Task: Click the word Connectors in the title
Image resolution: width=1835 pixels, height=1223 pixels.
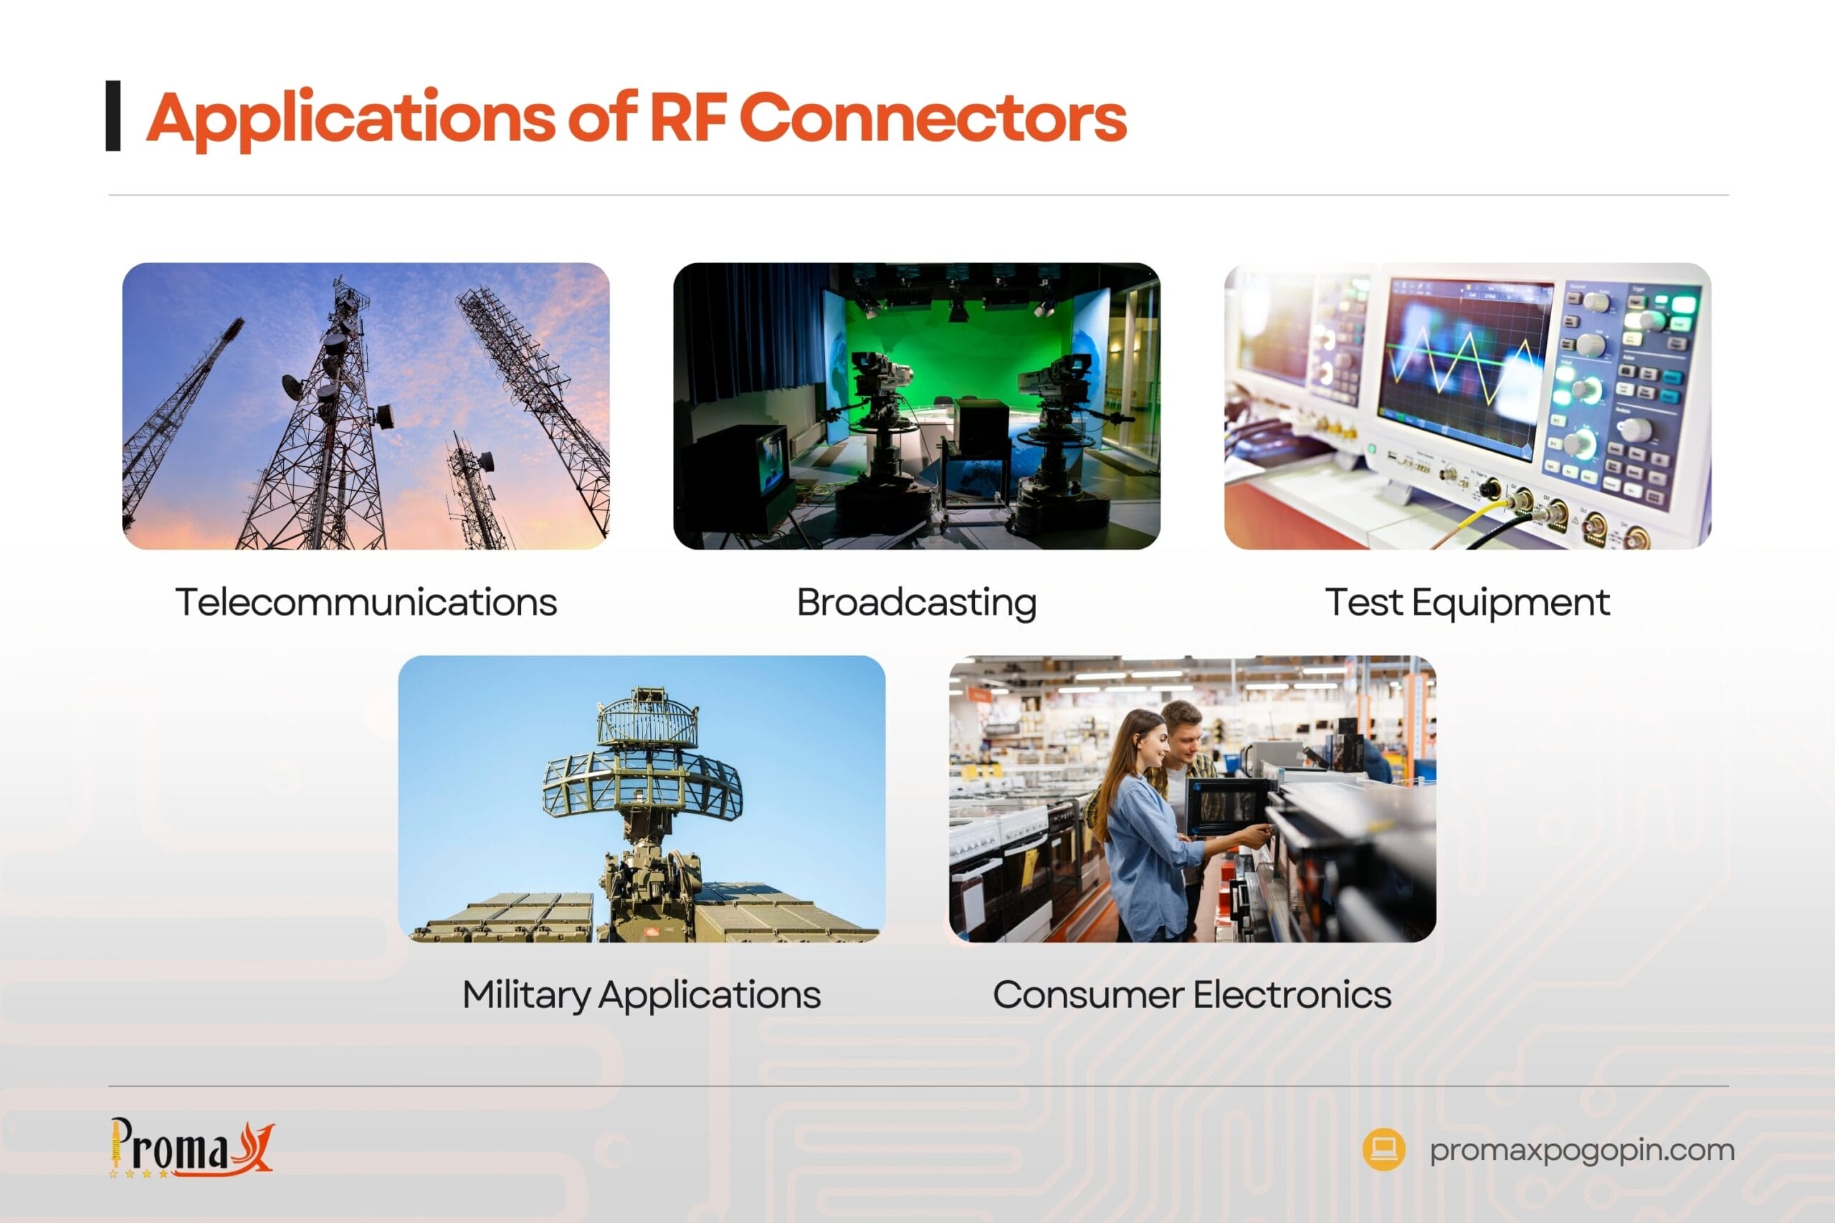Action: pyautogui.click(x=933, y=118)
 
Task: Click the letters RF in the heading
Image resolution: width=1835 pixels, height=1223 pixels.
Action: pyautogui.click(x=687, y=118)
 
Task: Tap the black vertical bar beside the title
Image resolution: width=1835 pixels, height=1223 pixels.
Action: pyautogui.click(x=113, y=115)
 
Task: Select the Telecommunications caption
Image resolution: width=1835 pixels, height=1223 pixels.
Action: pyautogui.click(x=366, y=602)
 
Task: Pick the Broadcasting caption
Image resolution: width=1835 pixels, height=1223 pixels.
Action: pyautogui.click(x=917, y=602)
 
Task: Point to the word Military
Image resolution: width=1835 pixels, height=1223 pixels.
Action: pyautogui.click(x=526, y=995)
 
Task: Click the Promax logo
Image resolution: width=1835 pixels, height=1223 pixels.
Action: pyautogui.click(x=191, y=1148)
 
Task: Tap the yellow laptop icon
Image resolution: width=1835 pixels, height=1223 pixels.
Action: pyautogui.click(x=1383, y=1149)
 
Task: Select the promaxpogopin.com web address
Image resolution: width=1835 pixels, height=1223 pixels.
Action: pyautogui.click(x=1582, y=1150)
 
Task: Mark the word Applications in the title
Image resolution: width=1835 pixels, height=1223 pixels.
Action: pyautogui.click(x=351, y=118)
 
